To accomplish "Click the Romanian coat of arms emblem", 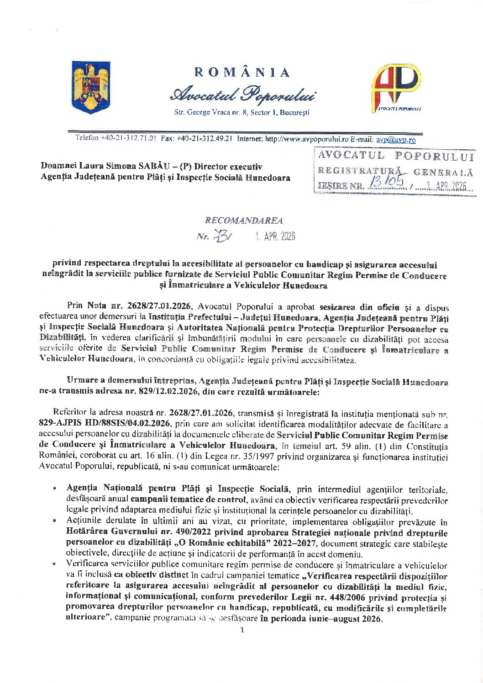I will pos(91,88).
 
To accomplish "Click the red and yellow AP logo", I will pos(396,88).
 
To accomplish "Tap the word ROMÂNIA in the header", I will pos(242,73).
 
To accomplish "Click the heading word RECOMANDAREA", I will pos(244,221).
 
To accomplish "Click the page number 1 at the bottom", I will pos(242,630).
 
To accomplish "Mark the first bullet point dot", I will pos(55,489).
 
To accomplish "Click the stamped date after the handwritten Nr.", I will pos(275,236).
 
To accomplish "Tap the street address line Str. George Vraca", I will pos(241,112).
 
